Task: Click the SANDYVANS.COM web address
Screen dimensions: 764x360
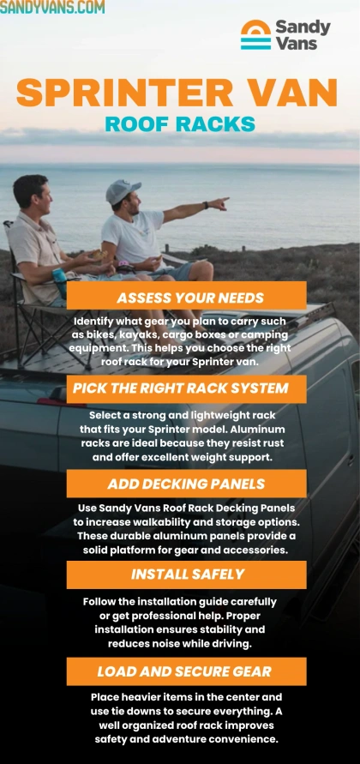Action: (x=52, y=8)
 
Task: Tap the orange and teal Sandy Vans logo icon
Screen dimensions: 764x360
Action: (x=255, y=35)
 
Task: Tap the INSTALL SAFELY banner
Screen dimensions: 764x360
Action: (x=188, y=575)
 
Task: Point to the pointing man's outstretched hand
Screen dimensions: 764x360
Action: (x=220, y=204)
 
